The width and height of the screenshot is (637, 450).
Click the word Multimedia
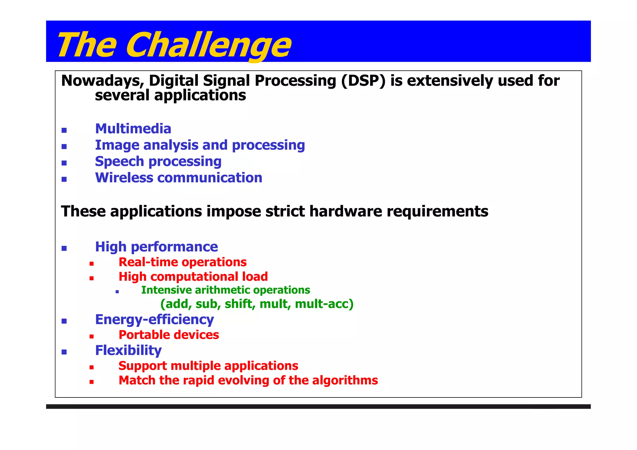(x=133, y=129)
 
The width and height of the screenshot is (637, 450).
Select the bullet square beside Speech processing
(x=64, y=163)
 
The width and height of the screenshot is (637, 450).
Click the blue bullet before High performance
(x=64, y=248)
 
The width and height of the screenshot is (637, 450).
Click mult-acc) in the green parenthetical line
(x=324, y=304)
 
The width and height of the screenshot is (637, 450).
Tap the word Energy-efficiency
(x=154, y=320)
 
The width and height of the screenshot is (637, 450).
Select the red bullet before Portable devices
(x=91, y=336)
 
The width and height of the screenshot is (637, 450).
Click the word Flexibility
(x=128, y=350)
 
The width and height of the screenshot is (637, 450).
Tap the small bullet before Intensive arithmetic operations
(x=117, y=292)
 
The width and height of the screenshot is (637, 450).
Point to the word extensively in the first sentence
(x=450, y=81)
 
